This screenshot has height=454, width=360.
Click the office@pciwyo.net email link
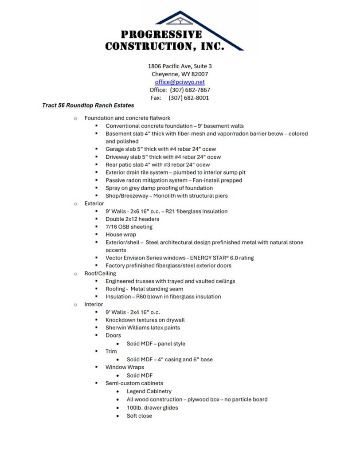pos(180,82)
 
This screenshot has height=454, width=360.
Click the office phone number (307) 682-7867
pos(190,90)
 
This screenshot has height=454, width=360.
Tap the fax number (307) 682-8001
pos(188,98)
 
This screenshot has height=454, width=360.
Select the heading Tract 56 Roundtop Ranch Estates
pos(88,106)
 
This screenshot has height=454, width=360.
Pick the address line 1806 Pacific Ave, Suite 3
pos(180,66)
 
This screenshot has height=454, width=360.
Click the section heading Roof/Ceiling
pos(100,274)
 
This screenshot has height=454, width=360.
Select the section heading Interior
pos(94,305)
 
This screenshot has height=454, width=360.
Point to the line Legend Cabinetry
pos(149,391)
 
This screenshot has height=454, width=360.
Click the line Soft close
pos(139,416)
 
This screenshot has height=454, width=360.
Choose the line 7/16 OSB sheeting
pos(129,227)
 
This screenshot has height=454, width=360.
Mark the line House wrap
pos(121,235)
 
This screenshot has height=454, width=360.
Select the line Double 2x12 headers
pos(132,219)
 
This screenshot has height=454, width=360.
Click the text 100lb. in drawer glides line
pos(134,408)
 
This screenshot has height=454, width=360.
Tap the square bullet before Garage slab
pos(96,149)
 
